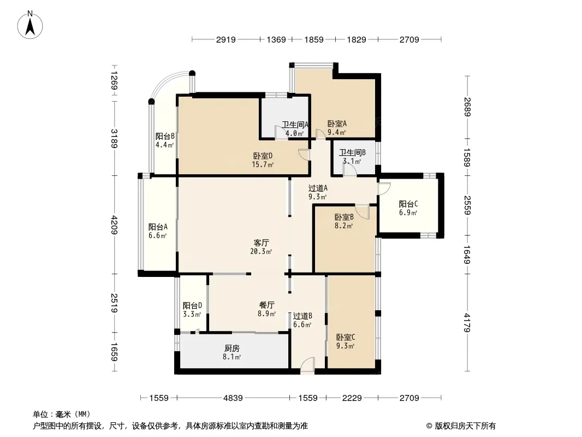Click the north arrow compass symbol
(30, 25)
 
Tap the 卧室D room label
(263, 156)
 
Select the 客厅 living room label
(262, 243)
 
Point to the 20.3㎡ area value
(261, 252)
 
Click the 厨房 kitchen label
(232, 349)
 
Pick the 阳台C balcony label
(408, 204)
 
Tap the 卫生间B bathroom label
(352, 152)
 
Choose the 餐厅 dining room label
(267, 305)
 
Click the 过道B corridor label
(302, 316)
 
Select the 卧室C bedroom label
(346, 337)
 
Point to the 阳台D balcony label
(192, 305)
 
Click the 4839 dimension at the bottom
(233, 398)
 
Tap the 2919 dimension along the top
(225, 39)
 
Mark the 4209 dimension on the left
(114, 225)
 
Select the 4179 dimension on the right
(467, 323)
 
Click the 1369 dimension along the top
(276, 39)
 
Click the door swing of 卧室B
(363, 211)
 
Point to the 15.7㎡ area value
(263, 164)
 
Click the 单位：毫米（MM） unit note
(62, 415)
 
